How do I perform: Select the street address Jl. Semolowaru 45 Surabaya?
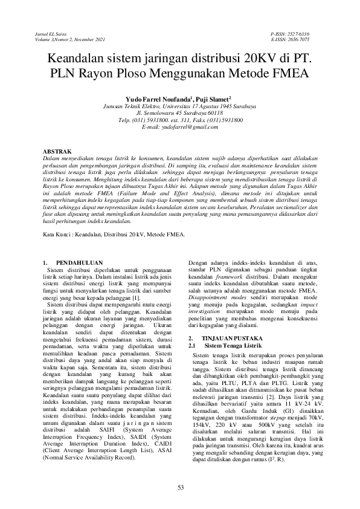(180, 112)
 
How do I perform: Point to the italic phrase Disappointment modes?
(213, 297)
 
